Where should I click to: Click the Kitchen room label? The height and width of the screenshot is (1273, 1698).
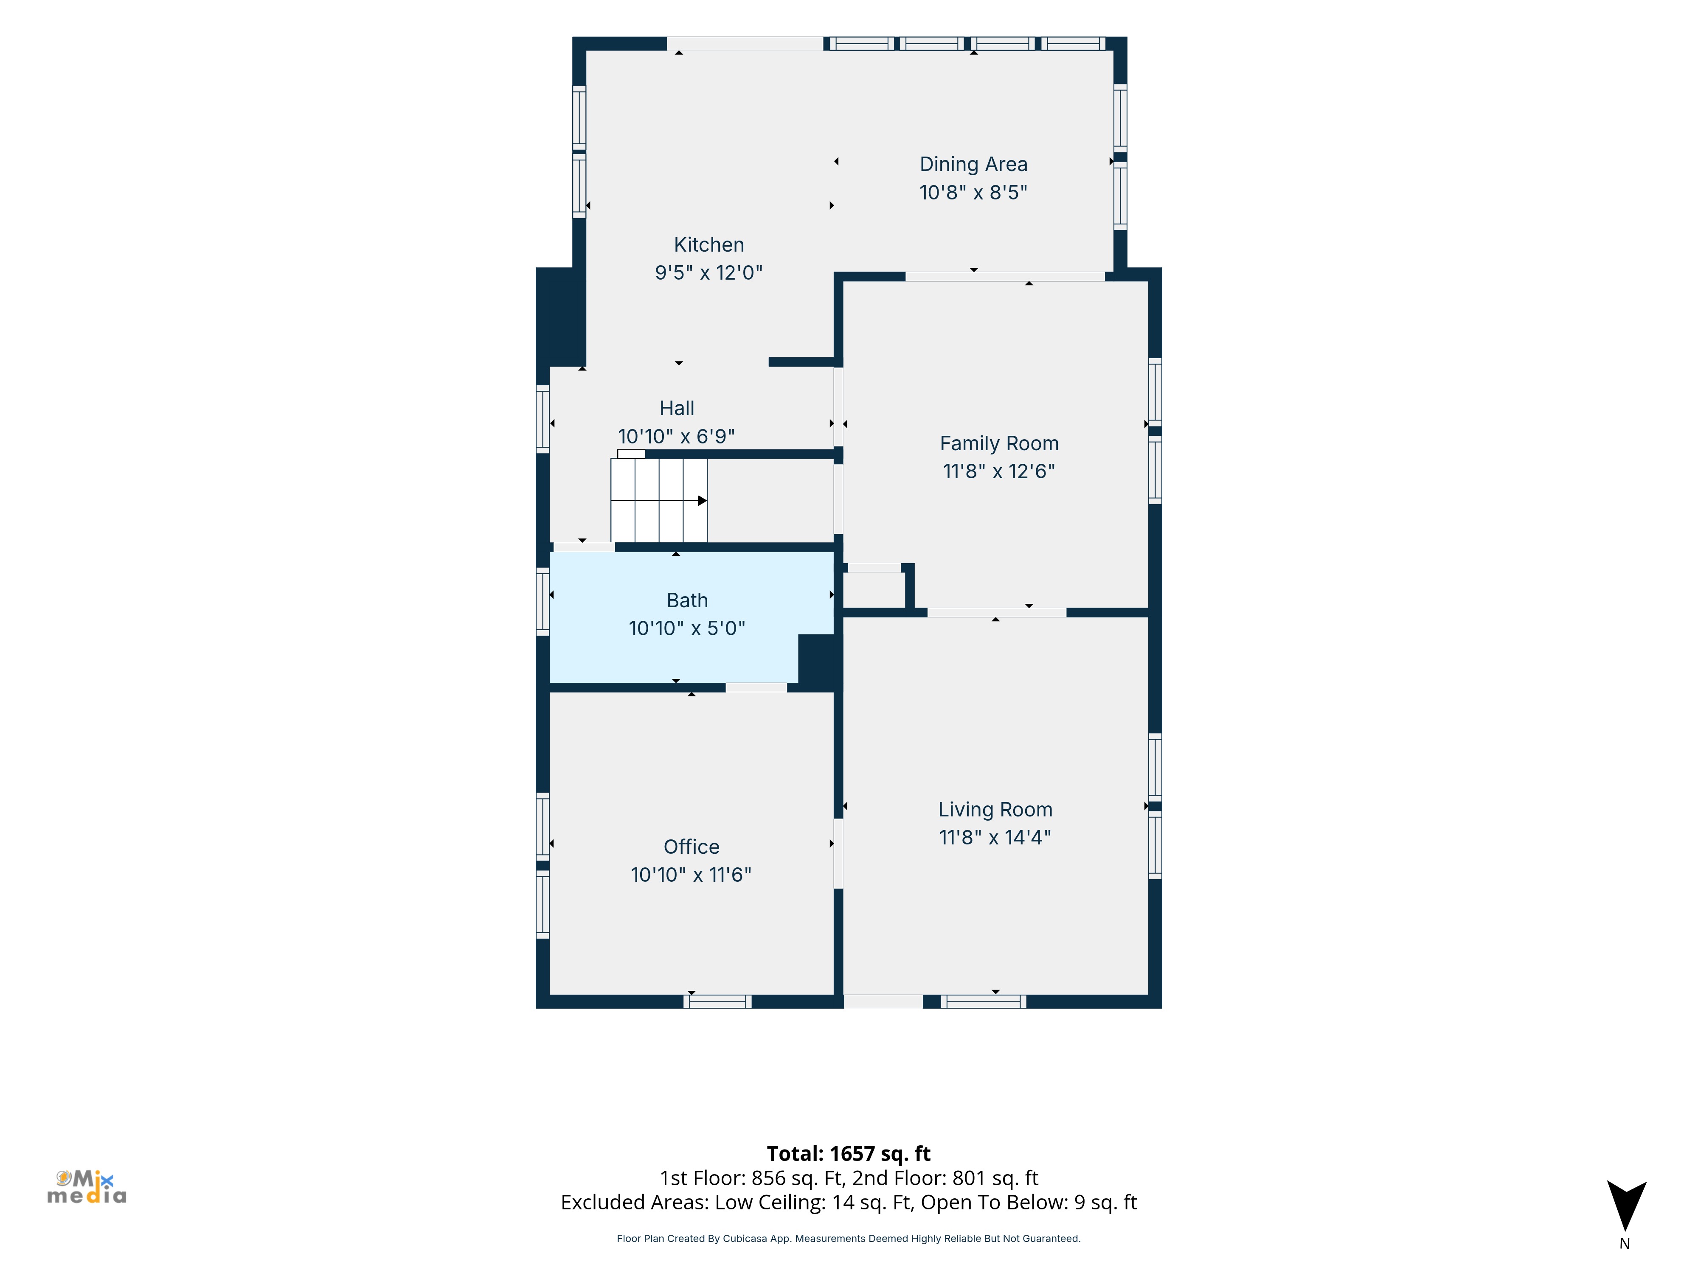pos(708,245)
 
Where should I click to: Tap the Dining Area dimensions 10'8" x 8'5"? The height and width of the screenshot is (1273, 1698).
pos(973,193)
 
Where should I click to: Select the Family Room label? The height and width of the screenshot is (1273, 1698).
pos(999,443)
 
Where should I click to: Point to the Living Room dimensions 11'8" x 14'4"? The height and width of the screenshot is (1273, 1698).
pos(995,837)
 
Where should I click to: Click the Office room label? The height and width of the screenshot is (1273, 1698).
pos(691,847)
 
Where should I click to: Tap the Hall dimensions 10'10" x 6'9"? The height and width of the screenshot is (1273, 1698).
pos(676,437)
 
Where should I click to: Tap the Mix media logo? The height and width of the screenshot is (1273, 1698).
pos(87,1187)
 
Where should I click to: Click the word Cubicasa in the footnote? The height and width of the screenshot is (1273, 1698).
pos(745,1239)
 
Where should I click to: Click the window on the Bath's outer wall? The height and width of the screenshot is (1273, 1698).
pos(543,601)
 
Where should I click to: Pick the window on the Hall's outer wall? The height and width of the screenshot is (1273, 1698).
pos(543,419)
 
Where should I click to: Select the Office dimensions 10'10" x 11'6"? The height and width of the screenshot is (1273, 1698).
pos(691,875)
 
